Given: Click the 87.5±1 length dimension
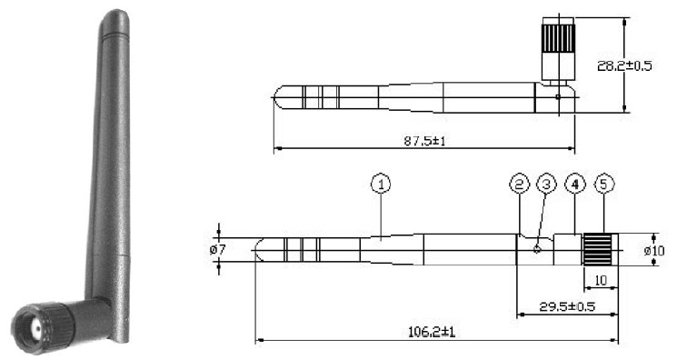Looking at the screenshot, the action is click(424, 141).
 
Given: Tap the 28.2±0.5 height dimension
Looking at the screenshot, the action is click(624, 66).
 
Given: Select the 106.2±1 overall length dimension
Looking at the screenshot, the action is click(432, 332).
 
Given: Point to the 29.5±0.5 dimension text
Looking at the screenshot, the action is click(567, 306).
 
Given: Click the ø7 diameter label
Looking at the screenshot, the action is click(217, 249).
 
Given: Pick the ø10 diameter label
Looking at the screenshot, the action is click(654, 250).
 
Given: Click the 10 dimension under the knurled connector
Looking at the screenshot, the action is click(601, 281).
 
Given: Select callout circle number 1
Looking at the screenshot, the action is click(381, 185).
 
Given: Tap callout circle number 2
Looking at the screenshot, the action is click(519, 185).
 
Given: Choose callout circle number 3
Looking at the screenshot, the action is click(547, 185).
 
